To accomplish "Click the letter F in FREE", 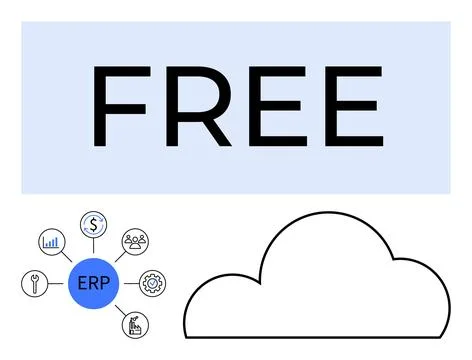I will (118, 107).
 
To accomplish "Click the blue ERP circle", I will (93, 283).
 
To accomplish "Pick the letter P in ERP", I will (104, 283).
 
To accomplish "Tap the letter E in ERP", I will (82, 283).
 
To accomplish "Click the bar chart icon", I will (50, 241).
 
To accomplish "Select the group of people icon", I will (134, 241).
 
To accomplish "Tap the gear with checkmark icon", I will (152, 283).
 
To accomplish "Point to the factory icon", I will (133, 324).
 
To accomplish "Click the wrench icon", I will (34, 283).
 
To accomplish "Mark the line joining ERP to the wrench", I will (56, 283).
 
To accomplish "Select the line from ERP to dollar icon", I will (94, 247).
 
